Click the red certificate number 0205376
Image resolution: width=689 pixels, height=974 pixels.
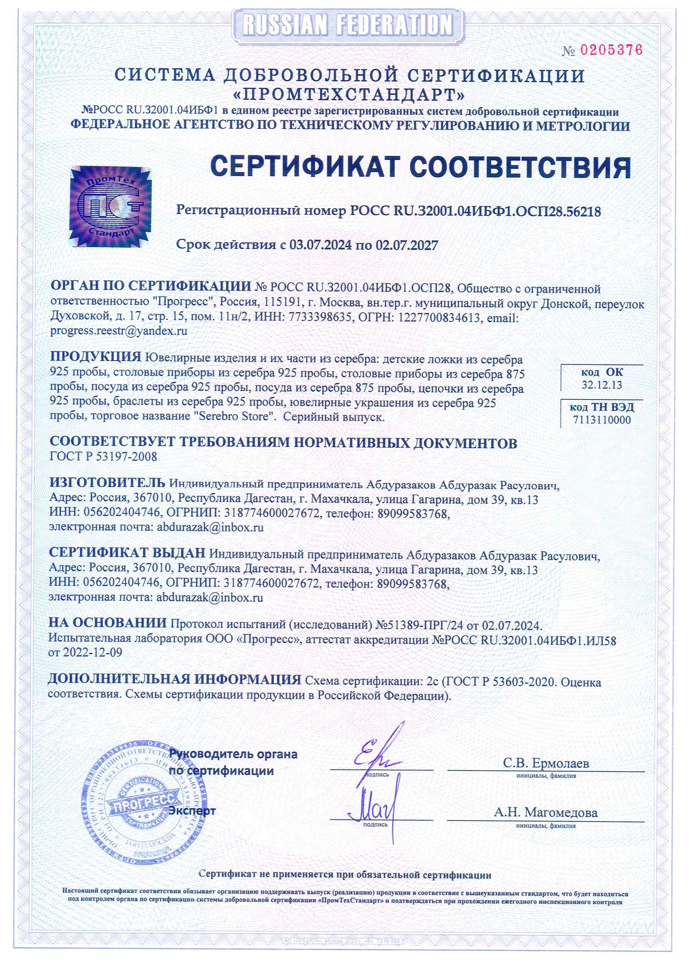(x=611, y=50)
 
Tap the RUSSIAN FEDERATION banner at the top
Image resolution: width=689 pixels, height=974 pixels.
(x=348, y=25)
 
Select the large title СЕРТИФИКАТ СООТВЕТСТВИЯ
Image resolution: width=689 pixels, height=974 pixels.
(x=421, y=167)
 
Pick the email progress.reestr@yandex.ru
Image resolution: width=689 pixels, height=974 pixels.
(x=118, y=331)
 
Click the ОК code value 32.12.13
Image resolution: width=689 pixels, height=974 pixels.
(x=602, y=385)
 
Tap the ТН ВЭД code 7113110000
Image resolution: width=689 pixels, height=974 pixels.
(x=602, y=420)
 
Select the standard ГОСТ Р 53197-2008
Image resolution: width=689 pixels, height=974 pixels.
(x=103, y=457)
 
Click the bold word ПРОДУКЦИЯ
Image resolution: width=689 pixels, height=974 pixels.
(x=96, y=357)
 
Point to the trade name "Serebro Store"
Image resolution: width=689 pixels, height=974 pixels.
(x=234, y=417)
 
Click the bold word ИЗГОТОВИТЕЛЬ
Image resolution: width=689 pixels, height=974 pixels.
(x=107, y=483)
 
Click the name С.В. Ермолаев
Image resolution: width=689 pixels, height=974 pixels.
(x=546, y=763)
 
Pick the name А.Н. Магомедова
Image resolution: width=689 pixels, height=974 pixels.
(x=546, y=813)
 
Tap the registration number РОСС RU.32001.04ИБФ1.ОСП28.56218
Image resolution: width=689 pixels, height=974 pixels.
(x=475, y=212)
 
